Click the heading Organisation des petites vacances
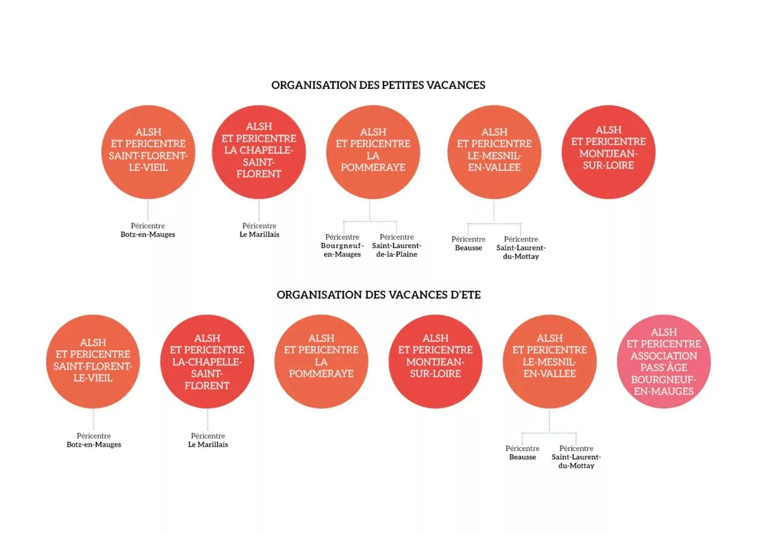pos(378,85)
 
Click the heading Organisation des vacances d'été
pos(378,295)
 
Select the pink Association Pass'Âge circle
pos(664,362)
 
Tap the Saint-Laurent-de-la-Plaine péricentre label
pos(396,245)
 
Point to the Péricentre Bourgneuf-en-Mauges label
pos(342,245)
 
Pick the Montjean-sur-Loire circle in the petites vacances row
pos(608,152)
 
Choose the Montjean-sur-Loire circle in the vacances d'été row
pos(435,362)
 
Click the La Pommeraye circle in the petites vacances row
pos(373,152)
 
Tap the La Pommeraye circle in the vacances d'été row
pos(321,362)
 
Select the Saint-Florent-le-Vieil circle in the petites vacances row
pos(148,152)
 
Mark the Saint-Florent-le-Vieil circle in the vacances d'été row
pos(93,362)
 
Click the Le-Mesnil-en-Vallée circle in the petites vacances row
pos(494,152)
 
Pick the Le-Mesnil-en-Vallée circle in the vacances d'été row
pos(549,362)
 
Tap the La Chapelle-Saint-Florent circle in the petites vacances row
pos(259,152)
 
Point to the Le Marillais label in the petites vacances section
pos(259,235)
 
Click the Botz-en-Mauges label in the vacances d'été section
pos(93,444)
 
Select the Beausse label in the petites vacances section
pos(468,248)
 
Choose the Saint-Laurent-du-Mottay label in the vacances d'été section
pos(576,461)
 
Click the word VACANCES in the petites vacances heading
pos(455,85)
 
